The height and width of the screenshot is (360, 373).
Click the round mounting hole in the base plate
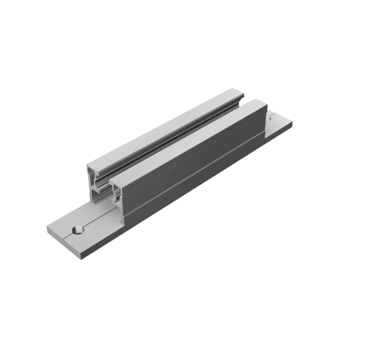point(77,229)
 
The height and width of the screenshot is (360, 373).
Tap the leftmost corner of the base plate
point(47,227)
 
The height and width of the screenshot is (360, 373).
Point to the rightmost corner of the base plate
point(292,122)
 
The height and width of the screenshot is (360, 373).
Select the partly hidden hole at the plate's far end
point(269,118)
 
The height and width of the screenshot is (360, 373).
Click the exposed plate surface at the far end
point(281,123)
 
